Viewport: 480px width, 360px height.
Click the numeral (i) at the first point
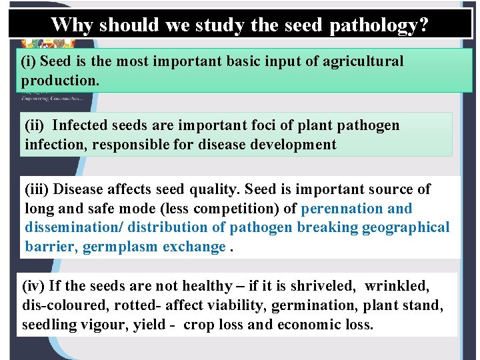29,61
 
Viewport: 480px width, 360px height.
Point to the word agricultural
362,61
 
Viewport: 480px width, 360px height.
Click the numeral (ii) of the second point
35,125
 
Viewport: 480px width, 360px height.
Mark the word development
293,145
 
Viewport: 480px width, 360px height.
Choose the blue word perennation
342,209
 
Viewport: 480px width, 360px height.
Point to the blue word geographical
406,227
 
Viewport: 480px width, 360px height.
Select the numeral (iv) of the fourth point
34,287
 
